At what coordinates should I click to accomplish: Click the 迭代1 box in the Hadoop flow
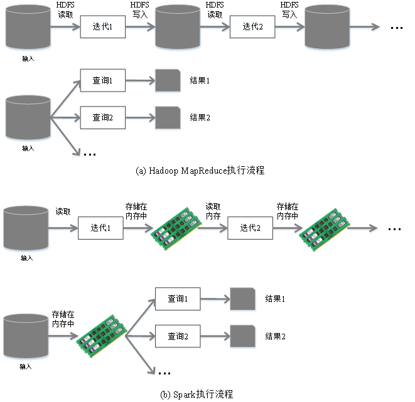click(x=103, y=27)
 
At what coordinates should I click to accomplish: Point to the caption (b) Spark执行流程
click(x=197, y=394)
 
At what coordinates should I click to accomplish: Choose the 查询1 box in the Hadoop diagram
click(x=103, y=81)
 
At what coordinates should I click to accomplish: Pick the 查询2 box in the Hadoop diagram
click(x=103, y=117)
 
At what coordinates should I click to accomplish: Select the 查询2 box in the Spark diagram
click(x=178, y=336)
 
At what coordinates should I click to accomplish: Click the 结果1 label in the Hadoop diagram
click(x=199, y=82)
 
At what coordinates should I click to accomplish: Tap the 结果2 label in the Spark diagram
click(x=275, y=336)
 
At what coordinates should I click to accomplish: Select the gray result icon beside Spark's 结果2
click(x=242, y=336)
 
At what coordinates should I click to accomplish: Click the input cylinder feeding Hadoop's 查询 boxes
click(x=28, y=117)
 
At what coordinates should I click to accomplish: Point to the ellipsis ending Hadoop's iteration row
click(x=396, y=28)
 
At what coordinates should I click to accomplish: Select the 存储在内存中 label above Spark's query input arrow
click(x=63, y=319)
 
